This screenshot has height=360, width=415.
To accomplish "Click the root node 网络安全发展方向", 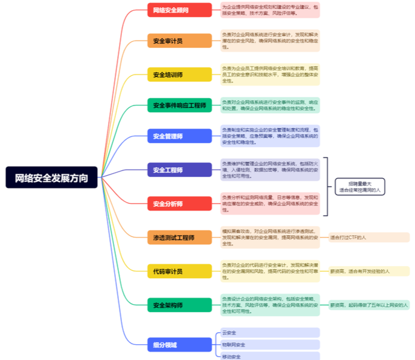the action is pos(52,178).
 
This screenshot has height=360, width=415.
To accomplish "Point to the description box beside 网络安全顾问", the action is pos(269,10).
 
